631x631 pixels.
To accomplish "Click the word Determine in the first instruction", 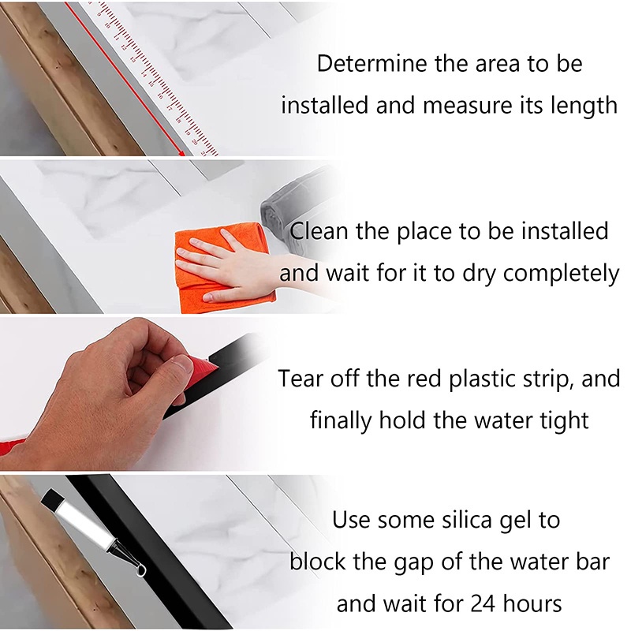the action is click(x=372, y=64).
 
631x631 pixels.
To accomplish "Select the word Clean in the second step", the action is click(x=319, y=231).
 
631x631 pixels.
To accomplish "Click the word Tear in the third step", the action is click(x=301, y=379).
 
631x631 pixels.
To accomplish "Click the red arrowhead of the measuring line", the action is click(x=182, y=153).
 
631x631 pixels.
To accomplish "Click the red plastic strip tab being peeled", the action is click(x=201, y=364).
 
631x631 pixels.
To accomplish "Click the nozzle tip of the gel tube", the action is click(x=141, y=570).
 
